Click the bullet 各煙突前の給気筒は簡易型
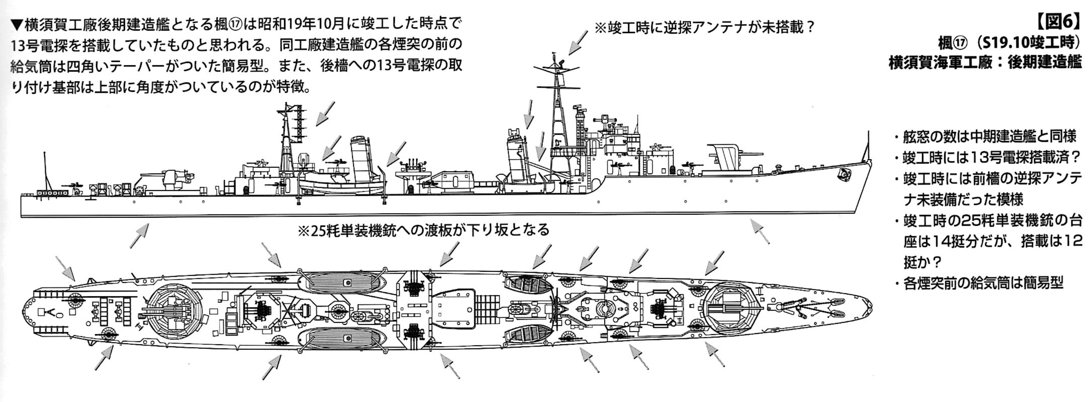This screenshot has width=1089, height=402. pos(982,283)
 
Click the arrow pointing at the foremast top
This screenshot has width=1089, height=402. pos(577,42)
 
